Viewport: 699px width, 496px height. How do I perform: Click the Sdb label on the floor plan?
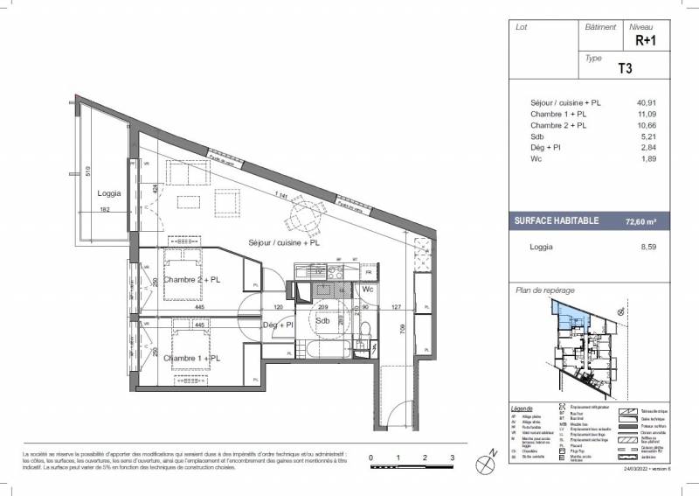click(322, 320)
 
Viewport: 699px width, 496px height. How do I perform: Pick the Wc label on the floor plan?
click(369, 289)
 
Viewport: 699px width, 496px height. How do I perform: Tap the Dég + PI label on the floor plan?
click(278, 325)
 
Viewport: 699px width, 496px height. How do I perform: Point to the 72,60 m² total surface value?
click(640, 223)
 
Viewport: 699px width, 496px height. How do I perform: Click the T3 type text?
click(625, 66)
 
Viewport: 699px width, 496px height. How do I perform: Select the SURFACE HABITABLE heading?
click(555, 221)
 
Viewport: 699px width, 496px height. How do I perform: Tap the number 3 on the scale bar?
click(452, 458)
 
